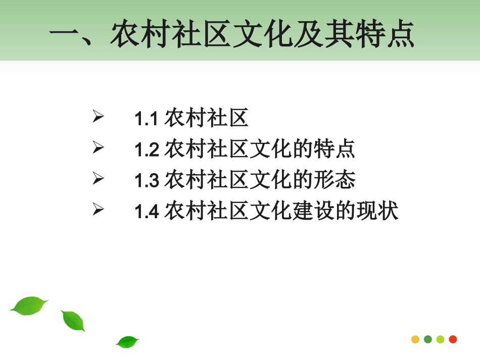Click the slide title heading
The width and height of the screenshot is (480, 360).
(232, 34)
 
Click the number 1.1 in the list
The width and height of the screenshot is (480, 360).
(147, 120)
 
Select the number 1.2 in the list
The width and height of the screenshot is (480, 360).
(147, 150)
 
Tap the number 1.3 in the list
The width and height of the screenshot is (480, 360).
(147, 181)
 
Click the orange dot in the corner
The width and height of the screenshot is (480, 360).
(415, 339)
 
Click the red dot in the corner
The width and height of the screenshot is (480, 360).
(453, 339)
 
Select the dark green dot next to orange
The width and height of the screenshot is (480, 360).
(428, 339)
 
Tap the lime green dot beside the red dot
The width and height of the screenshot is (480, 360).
(440, 339)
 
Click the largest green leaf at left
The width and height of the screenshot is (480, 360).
(28, 305)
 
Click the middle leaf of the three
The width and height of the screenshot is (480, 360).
(73, 321)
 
